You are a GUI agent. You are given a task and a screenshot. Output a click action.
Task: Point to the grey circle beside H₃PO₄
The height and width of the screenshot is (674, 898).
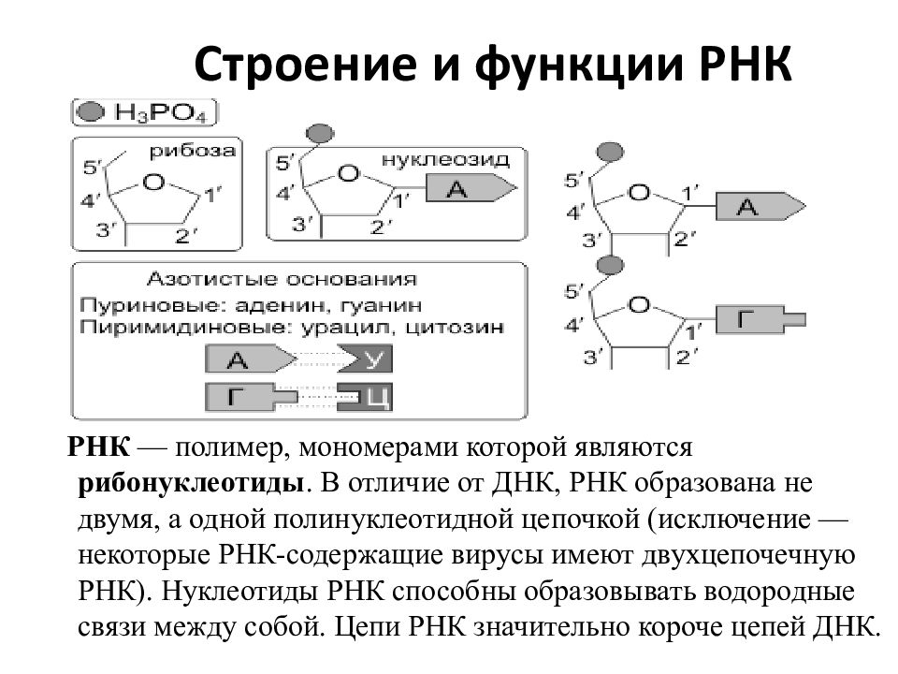91,111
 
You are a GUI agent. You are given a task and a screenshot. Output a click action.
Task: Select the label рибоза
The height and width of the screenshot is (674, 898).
193,152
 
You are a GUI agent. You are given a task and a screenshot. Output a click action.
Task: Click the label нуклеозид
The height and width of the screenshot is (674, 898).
445,159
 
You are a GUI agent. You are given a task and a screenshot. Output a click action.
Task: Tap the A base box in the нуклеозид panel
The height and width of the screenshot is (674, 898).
471,188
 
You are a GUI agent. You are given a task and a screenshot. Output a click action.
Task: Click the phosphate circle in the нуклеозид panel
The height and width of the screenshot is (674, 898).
320,134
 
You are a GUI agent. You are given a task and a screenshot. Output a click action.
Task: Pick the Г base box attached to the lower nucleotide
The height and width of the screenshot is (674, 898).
760,319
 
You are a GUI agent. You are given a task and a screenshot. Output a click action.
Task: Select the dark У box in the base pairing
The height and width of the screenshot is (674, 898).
365,359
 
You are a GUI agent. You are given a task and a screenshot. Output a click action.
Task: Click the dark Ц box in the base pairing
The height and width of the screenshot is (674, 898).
365,397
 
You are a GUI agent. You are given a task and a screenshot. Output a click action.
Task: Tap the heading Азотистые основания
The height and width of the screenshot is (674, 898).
282,279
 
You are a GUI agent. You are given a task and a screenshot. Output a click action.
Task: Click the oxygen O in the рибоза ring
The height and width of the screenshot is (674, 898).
152,183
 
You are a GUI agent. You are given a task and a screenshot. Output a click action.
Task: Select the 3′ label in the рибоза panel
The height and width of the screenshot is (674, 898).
106,230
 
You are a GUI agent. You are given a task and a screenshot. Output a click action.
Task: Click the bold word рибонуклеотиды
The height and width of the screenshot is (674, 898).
191,484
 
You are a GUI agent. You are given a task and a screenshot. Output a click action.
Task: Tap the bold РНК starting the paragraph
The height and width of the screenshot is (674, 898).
99,447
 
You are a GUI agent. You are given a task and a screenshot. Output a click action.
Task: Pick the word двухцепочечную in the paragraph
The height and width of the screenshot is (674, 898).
748,556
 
